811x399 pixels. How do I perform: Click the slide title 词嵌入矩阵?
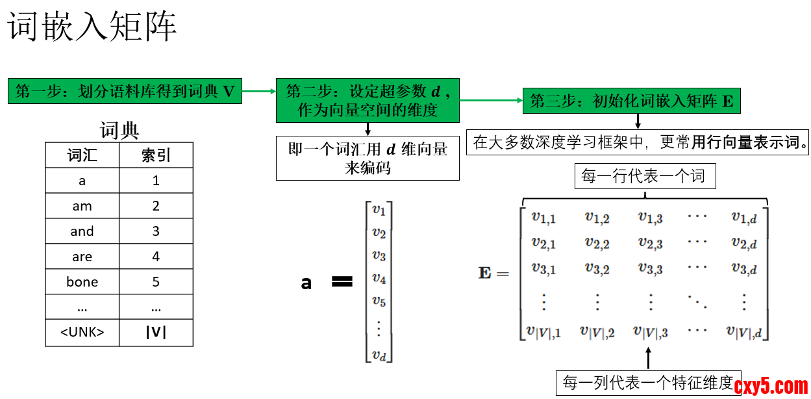click(x=93, y=28)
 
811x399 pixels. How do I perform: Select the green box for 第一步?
click(x=125, y=91)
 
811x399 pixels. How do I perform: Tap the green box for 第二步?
click(x=368, y=100)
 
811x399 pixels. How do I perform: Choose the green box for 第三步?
click(x=631, y=101)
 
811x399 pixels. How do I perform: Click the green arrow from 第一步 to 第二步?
click(x=259, y=91)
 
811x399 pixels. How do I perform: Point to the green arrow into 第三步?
click(x=491, y=101)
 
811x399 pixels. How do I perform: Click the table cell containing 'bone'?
click(x=82, y=282)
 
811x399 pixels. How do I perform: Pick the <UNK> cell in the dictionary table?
click(x=82, y=333)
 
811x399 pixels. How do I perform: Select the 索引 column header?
click(x=156, y=155)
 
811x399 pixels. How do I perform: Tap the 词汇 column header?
click(x=82, y=155)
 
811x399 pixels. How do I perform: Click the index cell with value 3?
click(x=156, y=231)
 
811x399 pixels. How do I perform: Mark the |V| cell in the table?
click(x=156, y=333)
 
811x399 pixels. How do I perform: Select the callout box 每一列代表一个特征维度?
click(x=649, y=383)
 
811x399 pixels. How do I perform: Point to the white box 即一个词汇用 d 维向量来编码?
click(x=368, y=158)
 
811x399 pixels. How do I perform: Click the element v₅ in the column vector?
click(x=379, y=302)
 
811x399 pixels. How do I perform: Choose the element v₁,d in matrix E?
click(x=743, y=218)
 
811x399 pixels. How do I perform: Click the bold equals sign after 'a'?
click(x=342, y=282)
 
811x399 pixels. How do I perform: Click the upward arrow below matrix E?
click(x=649, y=358)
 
